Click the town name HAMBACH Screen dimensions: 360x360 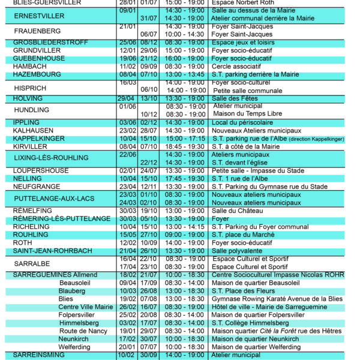[x=29, y=67]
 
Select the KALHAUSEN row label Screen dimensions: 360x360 [x=33, y=130]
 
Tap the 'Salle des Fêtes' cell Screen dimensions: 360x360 [x=235, y=98]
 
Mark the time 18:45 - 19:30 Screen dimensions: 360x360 [x=185, y=146]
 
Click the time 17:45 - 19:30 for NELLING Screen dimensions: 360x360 [x=185, y=179]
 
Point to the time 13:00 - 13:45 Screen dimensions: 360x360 [x=185, y=74]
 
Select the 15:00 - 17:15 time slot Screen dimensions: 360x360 [x=185, y=139]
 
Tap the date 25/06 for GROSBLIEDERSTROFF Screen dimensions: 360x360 [x=127, y=43]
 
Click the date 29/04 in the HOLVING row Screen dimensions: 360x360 [x=127, y=98]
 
